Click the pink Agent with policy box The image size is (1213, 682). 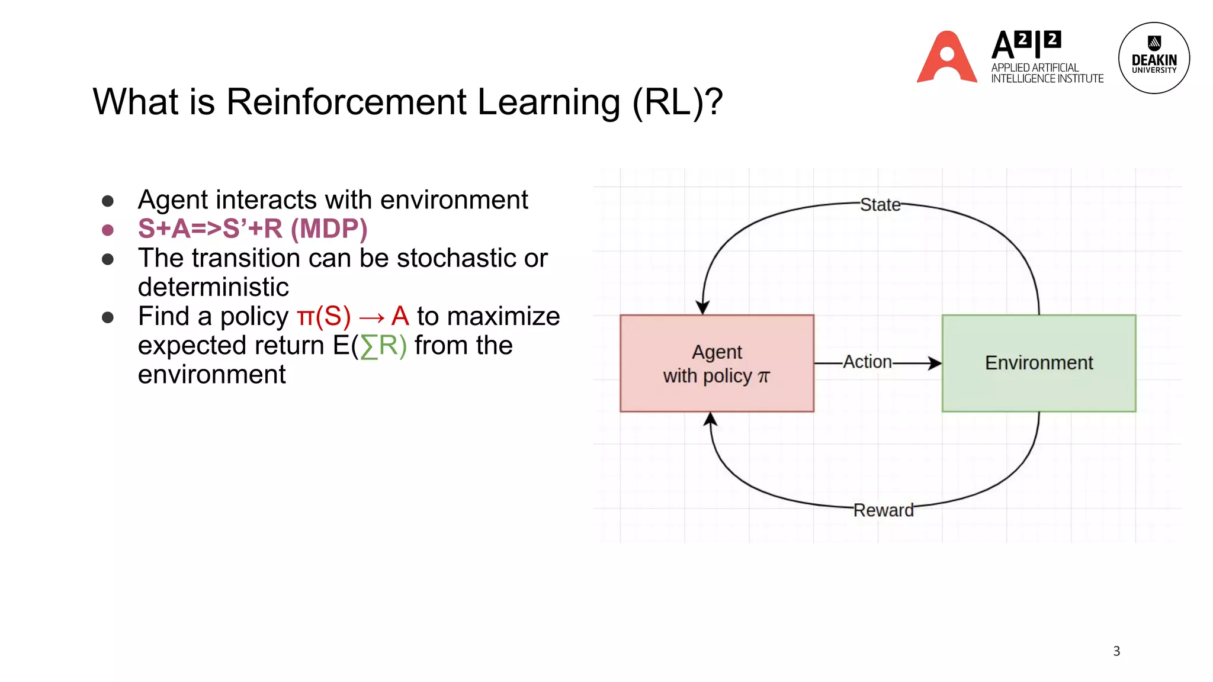tap(717, 363)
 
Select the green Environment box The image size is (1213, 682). tap(1038, 363)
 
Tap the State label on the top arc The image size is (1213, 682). tap(880, 205)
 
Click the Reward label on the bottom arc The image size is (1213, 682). tap(883, 510)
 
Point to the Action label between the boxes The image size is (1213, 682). tap(867, 362)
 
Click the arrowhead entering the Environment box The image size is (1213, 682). tap(935, 363)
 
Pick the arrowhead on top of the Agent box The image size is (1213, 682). tap(702, 307)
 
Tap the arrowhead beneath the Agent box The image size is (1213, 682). tap(710, 419)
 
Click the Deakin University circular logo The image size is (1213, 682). tap(1153, 58)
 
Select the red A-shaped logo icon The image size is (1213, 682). tap(946, 57)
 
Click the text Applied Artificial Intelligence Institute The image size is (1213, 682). tap(1047, 73)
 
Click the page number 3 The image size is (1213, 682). tap(1116, 651)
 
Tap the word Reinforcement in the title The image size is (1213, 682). tap(346, 102)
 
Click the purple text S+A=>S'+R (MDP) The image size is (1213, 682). tap(252, 229)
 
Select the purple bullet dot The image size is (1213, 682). tap(108, 230)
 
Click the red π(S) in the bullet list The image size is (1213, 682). tap(323, 316)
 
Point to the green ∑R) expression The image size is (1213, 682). tap(384, 346)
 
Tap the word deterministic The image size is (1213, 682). tap(213, 287)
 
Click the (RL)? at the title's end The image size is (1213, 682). tap(677, 102)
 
